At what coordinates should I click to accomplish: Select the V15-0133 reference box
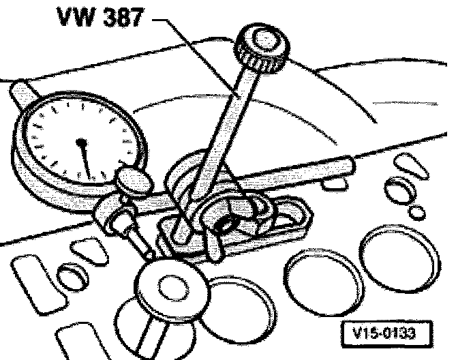pyautogui.click(x=379, y=334)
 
